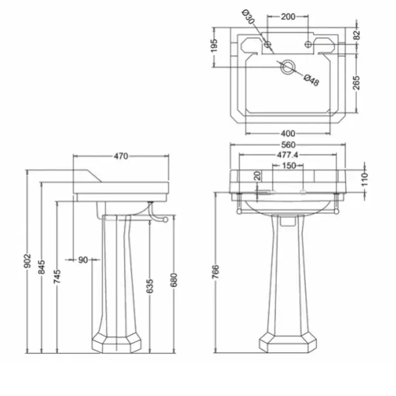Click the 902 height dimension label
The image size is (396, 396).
(27, 261)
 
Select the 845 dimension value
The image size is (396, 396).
(41, 267)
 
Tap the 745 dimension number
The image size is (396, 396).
(57, 276)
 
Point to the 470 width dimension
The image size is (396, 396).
(120, 156)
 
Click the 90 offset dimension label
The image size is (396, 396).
(83, 260)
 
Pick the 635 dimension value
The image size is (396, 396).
(150, 286)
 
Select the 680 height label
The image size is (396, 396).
(174, 280)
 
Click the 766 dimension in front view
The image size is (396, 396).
(216, 272)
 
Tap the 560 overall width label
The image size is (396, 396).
(288, 145)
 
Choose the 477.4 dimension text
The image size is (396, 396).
(287, 154)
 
